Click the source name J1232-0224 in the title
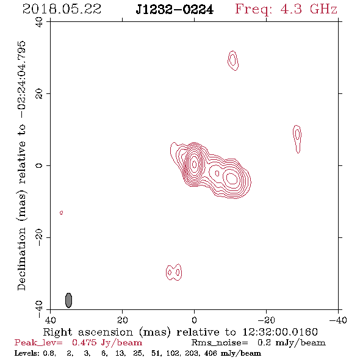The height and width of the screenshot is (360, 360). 175,10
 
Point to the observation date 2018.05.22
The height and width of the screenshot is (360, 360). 62,9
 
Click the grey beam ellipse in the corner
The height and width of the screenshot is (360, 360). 68,300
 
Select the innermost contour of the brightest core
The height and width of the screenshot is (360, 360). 194,164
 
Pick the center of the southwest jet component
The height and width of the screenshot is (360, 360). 232,178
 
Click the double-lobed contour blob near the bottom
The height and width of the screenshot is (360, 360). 174,272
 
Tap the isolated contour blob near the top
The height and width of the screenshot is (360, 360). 233,60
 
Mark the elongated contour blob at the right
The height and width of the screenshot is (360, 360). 297,139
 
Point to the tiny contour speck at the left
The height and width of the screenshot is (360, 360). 61,212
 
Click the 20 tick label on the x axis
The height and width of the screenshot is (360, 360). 122,320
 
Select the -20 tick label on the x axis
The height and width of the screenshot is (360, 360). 266,320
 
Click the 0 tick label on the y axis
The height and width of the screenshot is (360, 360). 39,165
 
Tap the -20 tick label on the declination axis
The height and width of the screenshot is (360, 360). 39,237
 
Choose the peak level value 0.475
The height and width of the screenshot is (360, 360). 84,342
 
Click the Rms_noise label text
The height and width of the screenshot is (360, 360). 220,342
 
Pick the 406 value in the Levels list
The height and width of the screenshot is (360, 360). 211,353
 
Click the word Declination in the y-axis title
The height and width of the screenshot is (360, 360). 21,259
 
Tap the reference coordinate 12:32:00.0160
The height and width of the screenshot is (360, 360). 280,332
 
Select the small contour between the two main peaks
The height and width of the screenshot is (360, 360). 217,173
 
